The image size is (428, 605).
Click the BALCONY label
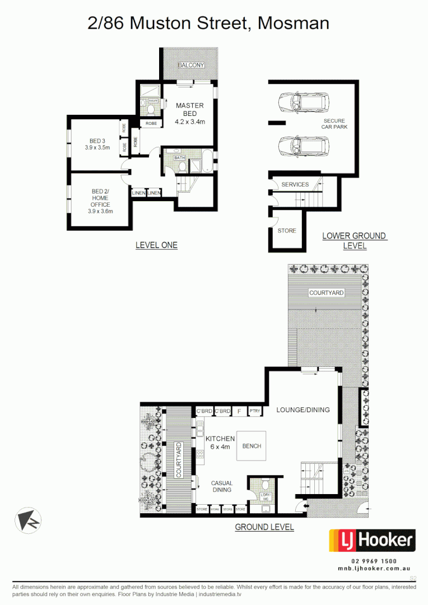coord(191,66)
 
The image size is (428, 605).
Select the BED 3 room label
coord(97,145)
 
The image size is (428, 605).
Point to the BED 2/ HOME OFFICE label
coord(100,201)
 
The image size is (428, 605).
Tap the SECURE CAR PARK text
coord(334,124)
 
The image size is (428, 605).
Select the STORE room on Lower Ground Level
coord(287,231)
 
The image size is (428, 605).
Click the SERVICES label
coord(295,184)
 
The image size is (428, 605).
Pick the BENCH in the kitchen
coord(252,446)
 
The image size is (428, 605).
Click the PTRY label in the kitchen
coord(255,411)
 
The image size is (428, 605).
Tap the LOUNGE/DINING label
coord(303,409)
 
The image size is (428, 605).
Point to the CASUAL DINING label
coord(221,486)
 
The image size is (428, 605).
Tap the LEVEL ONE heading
coord(156,245)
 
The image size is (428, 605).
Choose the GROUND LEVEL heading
coord(264,527)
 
